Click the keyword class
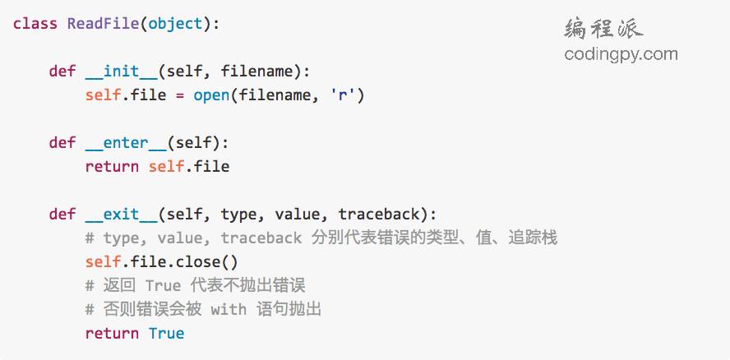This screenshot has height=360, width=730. pyautogui.click(x=35, y=23)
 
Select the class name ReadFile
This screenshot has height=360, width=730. pyautogui.click(x=103, y=23)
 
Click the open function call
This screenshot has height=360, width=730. pyautogui.click(x=211, y=95)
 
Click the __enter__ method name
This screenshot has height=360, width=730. pyautogui.click(x=126, y=142)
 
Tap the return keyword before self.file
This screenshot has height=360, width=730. pyautogui.click(x=112, y=167)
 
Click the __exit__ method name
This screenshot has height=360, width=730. pyautogui.click(x=121, y=215)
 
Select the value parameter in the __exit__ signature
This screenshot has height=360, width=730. pyautogui.click(x=297, y=215)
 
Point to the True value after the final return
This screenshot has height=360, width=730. pyautogui.click(x=167, y=333)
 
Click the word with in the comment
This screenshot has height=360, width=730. pyautogui.click(x=229, y=310)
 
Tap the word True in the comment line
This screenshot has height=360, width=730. pyautogui.click(x=162, y=286)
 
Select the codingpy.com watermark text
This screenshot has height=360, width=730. pyautogui.click(x=621, y=54)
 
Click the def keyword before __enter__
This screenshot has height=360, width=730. pyautogui.click(x=62, y=142)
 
